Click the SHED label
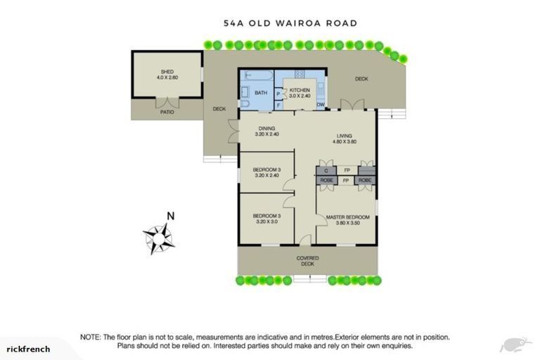(x=167, y=72)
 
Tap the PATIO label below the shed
(x=167, y=112)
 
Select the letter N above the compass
(x=169, y=217)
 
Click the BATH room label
(x=261, y=93)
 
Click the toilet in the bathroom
(x=245, y=103)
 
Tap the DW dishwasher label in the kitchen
(x=321, y=105)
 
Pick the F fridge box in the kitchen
(x=278, y=105)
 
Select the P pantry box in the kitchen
(x=278, y=93)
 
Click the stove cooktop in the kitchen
(x=299, y=75)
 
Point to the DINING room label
(x=266, y=128)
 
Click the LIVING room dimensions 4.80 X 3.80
(x=345, y=141)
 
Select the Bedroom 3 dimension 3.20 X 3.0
(x=266, y=221)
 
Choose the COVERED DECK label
(x=307, y=261)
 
